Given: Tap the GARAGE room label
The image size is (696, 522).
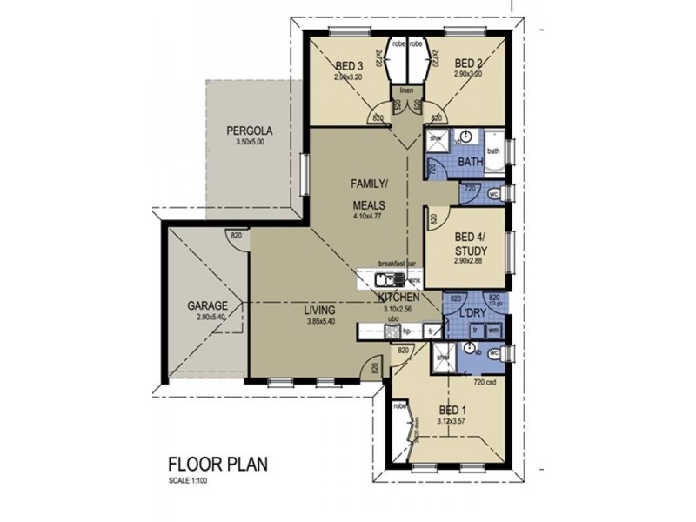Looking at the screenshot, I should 208,306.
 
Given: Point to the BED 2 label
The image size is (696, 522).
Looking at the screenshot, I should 467,63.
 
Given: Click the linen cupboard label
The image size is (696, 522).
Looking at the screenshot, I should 405,90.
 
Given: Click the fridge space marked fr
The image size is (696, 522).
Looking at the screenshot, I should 432,331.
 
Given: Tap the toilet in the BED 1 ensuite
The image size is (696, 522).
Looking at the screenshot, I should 494,353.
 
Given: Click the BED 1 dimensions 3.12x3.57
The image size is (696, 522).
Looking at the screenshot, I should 452,419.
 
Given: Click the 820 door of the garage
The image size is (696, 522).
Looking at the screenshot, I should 234,236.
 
